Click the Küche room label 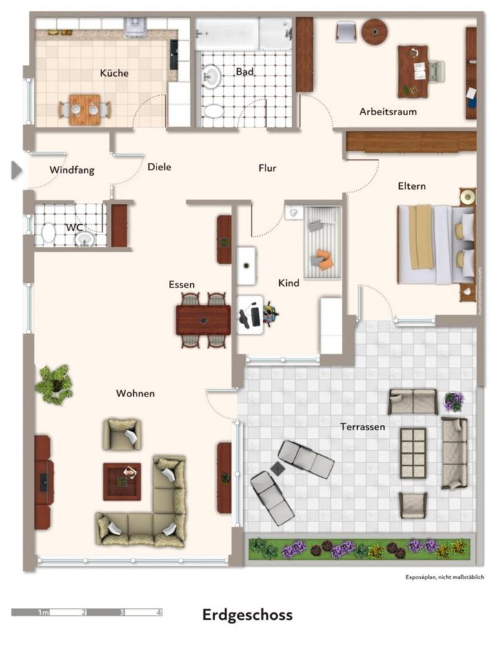pyautogui.click(x=114, y=73)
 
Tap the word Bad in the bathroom pyautogui.click(x=245, y=72)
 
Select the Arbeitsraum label pyautogui.click(x=387, y=111)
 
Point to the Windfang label pyautogui.click(x=72, y=170)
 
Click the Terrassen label pyautogui.click(x=362, y=427)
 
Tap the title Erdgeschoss pyautogui.click(x=247, y=614)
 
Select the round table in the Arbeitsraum pyautogui.click(x=374, y=31)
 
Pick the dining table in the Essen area pyautogui.click(x=203, y=320)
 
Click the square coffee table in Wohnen pyautogui.click(x=122, y=481)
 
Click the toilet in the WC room pyautogui.click(x=49, y=233)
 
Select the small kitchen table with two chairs pyautogui.click(x=84, y=109)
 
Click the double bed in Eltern pyautogui.click(x=434, y=245)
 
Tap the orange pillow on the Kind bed pyautogui.click(x=325, y=260)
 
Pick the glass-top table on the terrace pyautogui.click(x=413, y=452)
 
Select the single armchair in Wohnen pyautogui.click(x=122, y=434)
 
